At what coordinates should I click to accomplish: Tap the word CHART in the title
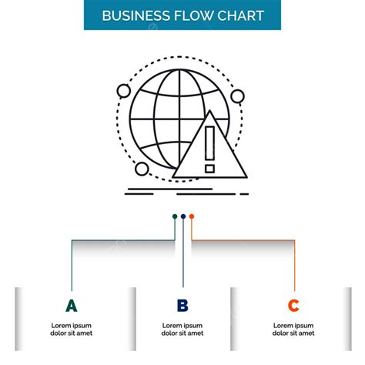pos(241,15)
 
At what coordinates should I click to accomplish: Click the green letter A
pos(72,306)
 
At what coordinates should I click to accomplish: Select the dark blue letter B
pos(182,306)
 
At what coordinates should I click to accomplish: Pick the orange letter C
pos(293,306)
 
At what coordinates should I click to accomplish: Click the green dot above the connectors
pos(175,216)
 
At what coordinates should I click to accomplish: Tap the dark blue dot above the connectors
pos(183,216)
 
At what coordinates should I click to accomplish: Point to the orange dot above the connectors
pos(192,216)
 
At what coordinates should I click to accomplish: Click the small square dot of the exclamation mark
pos(209,169)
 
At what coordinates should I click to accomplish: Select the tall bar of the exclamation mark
pos(209,143)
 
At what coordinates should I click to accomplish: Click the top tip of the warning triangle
pos(209,111)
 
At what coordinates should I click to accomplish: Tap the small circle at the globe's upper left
pos(124,91)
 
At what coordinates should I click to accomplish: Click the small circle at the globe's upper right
pos(237,96)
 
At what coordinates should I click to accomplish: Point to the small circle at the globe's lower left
pos(142,169)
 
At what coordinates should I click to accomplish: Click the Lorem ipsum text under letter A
pos(72,330)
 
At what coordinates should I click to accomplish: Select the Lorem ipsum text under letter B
pos(182,330)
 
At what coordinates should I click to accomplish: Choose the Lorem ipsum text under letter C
pos(293,330)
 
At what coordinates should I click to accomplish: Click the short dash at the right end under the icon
pos(244,194)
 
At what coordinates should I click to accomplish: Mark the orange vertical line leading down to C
pos(294,266)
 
